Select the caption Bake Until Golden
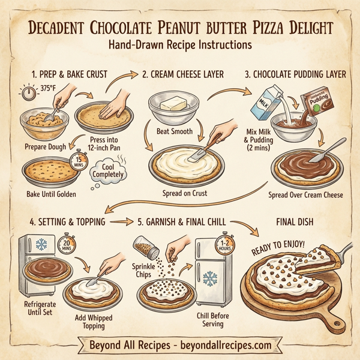[x=52, y=194]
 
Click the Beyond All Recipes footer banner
[x=179, y=346]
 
